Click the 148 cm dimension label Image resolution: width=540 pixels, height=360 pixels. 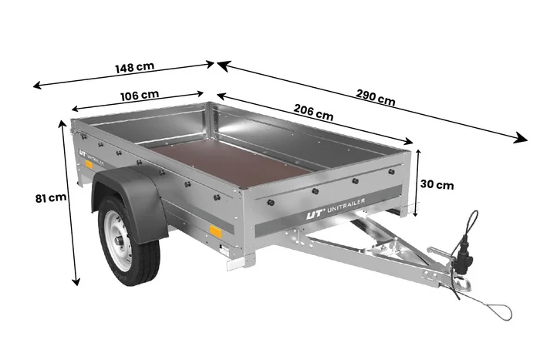click(135, 67)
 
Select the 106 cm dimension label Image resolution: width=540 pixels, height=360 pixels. click(140, 96)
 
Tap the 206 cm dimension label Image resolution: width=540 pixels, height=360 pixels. click(313, 113)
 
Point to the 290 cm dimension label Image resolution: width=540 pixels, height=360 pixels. click(376, 97)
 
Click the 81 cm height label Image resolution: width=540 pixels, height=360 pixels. click(51, 198)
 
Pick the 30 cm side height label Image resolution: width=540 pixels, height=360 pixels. click(437, 185)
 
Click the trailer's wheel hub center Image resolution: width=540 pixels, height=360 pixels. click(120, 241)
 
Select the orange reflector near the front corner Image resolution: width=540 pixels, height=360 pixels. click(216, 231)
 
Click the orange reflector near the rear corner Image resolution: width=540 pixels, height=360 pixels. click(89, 164)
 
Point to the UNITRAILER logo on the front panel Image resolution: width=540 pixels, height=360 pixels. click(336, 208)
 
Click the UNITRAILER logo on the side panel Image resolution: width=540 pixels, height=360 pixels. click(91, 156)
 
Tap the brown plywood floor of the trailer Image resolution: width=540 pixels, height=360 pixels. click(231, 163)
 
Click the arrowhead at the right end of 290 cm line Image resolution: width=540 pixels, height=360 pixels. click(521, 138)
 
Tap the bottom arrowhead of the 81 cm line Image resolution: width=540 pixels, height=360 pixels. click(76, 281)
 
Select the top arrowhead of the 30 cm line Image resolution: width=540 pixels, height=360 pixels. click(418, 153)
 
